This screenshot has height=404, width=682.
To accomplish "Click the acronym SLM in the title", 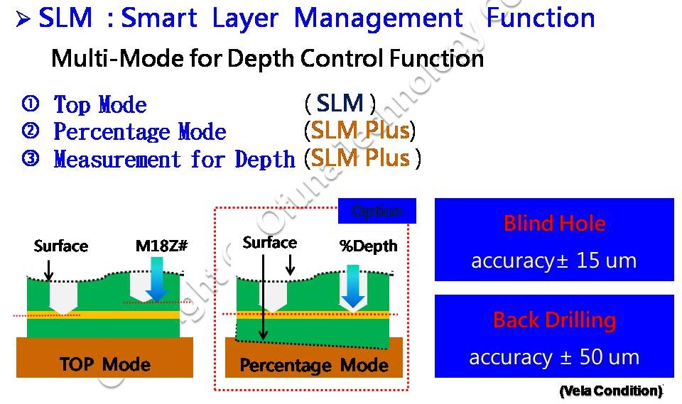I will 65,18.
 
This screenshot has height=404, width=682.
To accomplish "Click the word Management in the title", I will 378,18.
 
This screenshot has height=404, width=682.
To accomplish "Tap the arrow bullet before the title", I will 23,18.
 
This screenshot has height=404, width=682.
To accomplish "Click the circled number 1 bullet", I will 31,104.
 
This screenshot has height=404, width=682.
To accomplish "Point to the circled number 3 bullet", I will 31,159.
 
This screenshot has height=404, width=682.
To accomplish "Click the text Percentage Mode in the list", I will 140,132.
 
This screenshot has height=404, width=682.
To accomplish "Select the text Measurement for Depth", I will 174,159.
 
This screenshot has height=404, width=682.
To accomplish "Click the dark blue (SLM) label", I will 340,104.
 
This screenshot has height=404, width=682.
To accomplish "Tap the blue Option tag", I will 377,212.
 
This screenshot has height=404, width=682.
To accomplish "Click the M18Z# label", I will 161,246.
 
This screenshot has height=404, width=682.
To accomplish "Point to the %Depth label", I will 368,246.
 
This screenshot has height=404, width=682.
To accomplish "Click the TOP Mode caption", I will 105,365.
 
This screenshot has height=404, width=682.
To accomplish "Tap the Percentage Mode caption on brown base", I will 314,366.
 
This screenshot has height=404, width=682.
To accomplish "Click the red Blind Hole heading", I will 554,224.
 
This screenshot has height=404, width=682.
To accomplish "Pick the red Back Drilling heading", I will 554,320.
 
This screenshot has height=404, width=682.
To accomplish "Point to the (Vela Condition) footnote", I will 611,391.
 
